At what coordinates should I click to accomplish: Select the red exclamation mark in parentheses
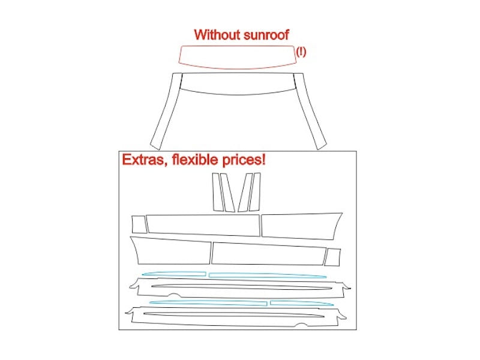[301, 52]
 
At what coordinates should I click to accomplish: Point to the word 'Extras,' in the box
[145, 160]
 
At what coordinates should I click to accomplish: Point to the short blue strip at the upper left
[174, 273]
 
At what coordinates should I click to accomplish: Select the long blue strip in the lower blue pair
[208, 302]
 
